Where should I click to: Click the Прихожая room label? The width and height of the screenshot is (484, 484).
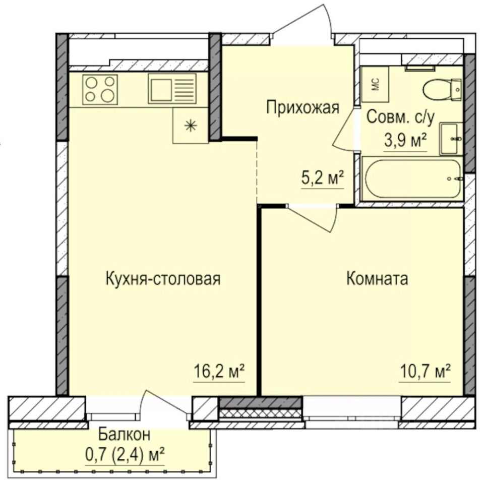302,108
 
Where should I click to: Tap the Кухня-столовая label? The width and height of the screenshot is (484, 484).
163,279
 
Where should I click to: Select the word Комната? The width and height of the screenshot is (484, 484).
377,279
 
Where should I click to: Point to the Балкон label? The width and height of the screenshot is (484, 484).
124,434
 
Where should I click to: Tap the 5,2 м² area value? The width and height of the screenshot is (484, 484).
323,178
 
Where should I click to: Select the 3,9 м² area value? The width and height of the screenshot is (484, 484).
406,140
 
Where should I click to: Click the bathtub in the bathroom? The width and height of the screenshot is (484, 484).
412,179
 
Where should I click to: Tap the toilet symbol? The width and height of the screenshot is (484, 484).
441,90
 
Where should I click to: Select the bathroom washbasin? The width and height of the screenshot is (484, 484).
450,138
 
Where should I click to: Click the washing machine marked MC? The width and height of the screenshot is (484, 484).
375,85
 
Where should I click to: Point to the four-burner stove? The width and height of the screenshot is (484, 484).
100,89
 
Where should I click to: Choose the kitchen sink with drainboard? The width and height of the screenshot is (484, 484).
171,89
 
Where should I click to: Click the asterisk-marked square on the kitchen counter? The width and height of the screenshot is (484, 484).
190,126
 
